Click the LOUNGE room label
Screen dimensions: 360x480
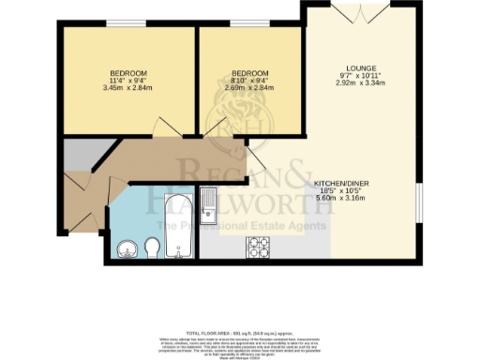pos(360,67)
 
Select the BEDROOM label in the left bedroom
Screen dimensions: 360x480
pos(128,73)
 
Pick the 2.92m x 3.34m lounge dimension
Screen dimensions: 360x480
pos(360,82)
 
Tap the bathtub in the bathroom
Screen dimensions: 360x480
pos(179,225)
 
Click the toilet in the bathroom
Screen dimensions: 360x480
pos(150,248)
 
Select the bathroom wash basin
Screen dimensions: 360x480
pos(127,248)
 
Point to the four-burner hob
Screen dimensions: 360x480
pos(258,247)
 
